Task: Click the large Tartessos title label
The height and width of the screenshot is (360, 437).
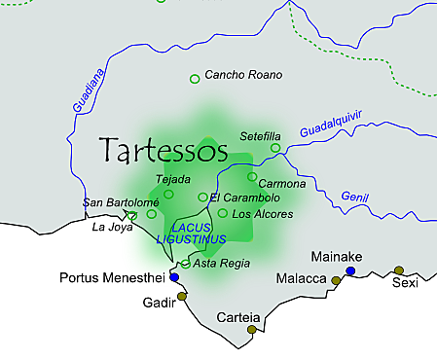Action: pos(164,151)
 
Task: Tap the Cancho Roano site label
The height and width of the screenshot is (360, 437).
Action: pos(242,75)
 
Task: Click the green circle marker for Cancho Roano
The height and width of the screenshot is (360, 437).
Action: pos(195,78)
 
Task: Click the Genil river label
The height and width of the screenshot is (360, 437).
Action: pos(355,198)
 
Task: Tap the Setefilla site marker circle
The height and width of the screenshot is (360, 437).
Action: pos(275,148)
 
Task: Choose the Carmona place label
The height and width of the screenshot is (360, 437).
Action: pos(283,184)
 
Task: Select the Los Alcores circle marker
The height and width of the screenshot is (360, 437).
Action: pos(222,213)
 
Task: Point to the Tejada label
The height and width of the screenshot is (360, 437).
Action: pos(173,179)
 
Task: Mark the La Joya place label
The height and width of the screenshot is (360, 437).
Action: pos(110,228)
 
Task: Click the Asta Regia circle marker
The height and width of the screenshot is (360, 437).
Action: pos(185,264)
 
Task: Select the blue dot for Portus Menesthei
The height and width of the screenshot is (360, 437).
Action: pos(174,277)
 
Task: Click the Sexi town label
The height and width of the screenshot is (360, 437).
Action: pos(404,283)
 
